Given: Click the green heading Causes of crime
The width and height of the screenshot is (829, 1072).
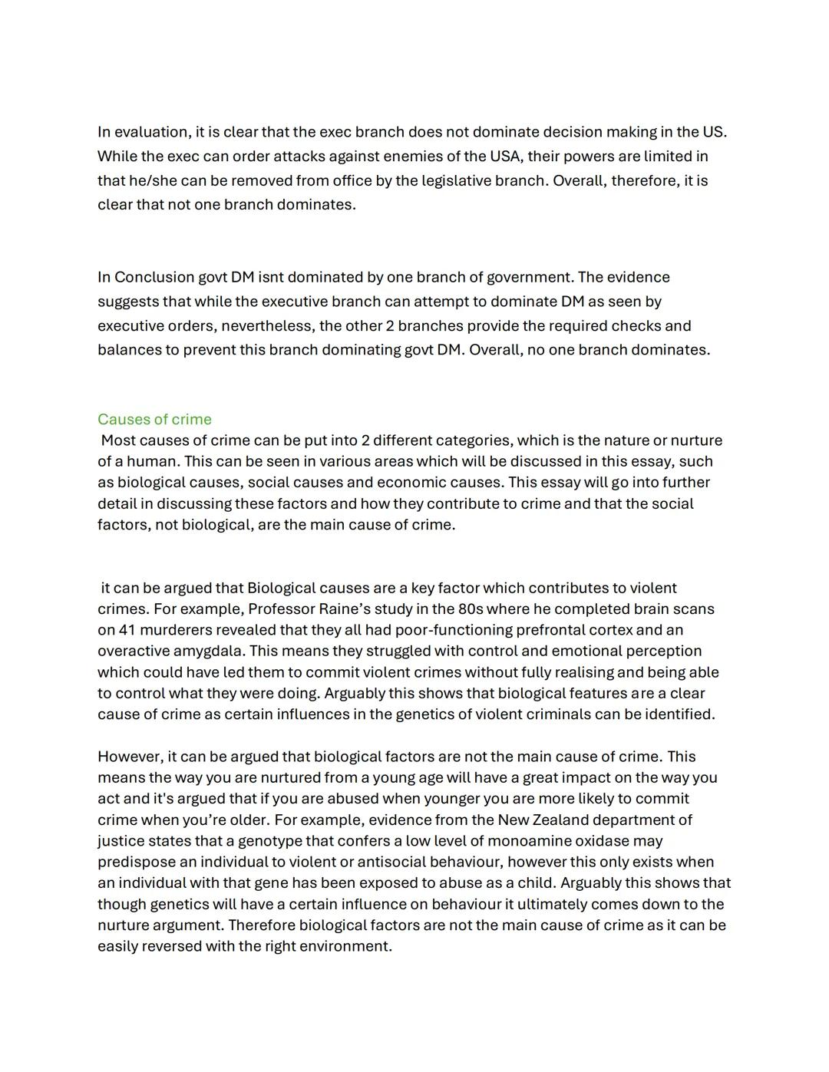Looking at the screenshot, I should (x=154, y=419).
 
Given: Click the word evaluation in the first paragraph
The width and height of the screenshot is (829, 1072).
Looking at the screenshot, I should (x=150, y=132).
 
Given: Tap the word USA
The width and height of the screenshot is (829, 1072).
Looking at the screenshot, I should (x=506, y=157).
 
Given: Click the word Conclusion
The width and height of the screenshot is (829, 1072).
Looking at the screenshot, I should (x=154, y=277).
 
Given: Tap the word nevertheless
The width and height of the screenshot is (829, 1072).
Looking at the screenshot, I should (x=267, y=326).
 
